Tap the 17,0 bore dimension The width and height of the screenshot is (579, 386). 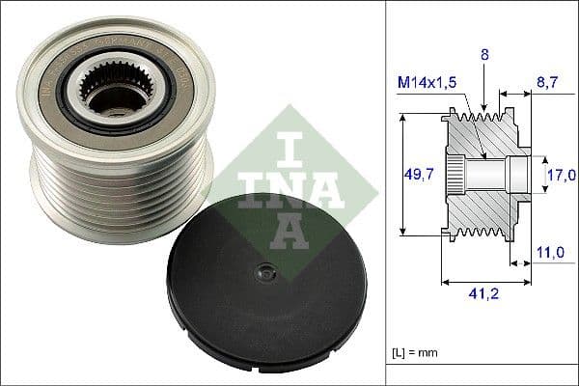coord(561,175)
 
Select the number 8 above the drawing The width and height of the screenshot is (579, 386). coord(485,57)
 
